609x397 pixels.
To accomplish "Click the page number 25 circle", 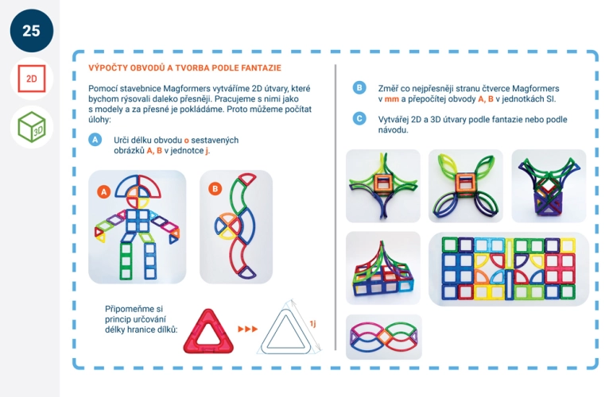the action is (32, 31).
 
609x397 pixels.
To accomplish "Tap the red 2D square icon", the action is (32, 79).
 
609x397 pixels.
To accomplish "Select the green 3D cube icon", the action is (32, 127).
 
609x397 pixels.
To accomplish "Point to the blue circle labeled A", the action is (95, 140).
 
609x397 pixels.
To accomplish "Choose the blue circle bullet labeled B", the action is (359, 87).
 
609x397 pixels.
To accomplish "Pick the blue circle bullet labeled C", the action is (359, 118).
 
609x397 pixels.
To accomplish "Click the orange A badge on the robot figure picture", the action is (103, 191).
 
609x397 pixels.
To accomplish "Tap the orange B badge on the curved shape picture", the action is (215, 189).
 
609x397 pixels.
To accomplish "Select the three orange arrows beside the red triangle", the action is (248, 329).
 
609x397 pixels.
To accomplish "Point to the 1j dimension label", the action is (312, 323).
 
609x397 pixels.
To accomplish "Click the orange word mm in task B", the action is (391, 99).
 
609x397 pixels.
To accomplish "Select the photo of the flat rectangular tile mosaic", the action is (509, 269).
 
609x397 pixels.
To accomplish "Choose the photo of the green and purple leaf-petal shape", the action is (466, 186).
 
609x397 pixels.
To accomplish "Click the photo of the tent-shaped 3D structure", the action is (383, 268).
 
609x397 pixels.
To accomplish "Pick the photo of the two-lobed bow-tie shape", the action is (384, 337).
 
